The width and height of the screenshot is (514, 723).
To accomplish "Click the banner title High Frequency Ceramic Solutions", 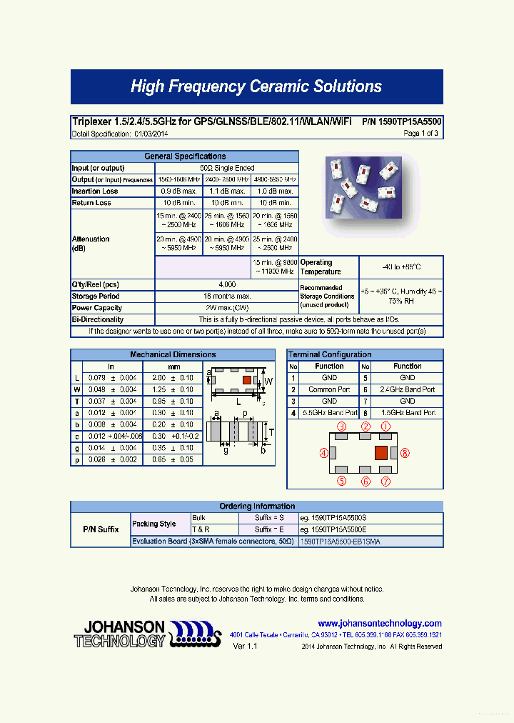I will [x=256, y=87].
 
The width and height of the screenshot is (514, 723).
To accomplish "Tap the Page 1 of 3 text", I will [x=420, y=134].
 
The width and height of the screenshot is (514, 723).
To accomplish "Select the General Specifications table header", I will [x=185, y=156].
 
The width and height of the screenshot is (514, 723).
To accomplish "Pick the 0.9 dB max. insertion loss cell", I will [x=179, y=191].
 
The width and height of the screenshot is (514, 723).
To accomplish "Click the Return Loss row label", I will [x=91, y=203].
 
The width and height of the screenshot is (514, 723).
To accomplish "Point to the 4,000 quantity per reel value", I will [x=227, y=284].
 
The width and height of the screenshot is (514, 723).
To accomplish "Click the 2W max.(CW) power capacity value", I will [x=227, y=308].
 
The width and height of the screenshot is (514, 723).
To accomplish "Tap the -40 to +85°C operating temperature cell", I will [x=400, y=267].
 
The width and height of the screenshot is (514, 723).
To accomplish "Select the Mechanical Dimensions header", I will [x=173, y=355].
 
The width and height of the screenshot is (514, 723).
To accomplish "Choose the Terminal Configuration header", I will [x=330, y=355].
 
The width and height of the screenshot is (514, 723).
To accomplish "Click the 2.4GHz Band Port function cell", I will [x=408, y=390].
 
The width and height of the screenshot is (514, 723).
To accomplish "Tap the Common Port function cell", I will [x=329, y=390].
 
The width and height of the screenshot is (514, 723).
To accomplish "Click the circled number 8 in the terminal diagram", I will [x=405, y=452].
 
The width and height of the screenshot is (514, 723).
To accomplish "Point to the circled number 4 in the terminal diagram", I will [x=323, y=452].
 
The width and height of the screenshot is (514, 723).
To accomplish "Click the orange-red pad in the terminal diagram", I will [x=381, y=452].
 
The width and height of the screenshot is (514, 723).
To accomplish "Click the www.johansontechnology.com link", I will [x=380, y=624].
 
